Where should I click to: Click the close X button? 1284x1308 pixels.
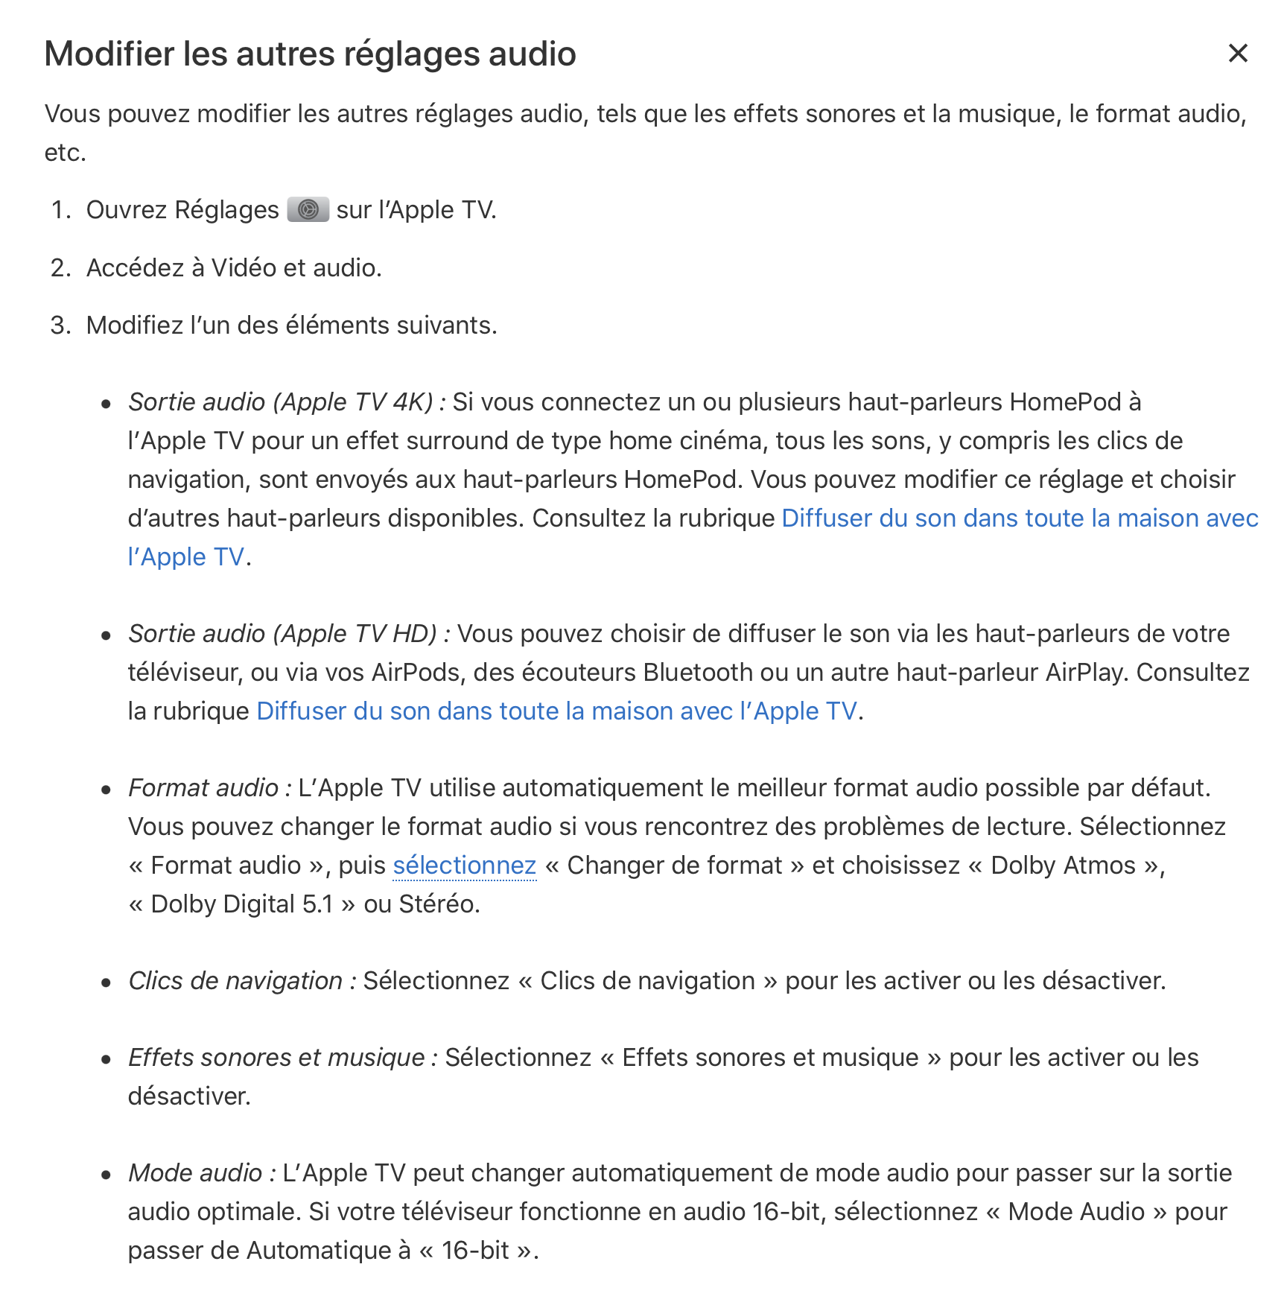point(1237,54)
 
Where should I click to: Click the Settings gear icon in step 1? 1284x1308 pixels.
point(308,210)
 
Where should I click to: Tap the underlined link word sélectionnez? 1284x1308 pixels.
point(464,866)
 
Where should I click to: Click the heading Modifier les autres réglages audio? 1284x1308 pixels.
point(310,54)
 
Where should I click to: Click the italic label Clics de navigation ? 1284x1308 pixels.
point(241,981)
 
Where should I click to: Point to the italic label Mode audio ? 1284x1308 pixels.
point(201,1173)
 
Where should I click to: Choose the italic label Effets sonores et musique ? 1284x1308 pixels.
point(282,1058)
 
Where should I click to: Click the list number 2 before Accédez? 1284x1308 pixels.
point(60,268)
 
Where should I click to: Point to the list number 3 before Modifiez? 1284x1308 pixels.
point(60,326)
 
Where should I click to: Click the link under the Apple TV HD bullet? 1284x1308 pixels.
point(556,711)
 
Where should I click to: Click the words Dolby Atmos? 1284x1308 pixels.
point(1063,866)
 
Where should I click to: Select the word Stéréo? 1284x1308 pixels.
point(438,904)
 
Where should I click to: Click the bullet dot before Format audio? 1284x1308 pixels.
point(107,790)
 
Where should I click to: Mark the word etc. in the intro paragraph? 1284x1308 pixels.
point(65,153)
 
